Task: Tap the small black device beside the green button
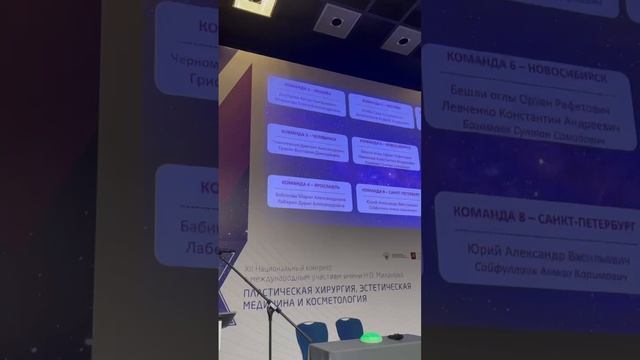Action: [x=397, y=337]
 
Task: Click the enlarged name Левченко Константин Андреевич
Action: [x=530, y=116]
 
